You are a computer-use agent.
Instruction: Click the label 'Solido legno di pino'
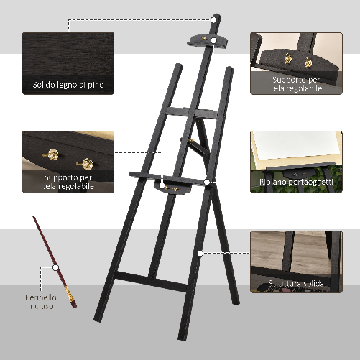[x=68, y=85]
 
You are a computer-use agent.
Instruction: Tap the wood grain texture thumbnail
[x=68, y=54]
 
